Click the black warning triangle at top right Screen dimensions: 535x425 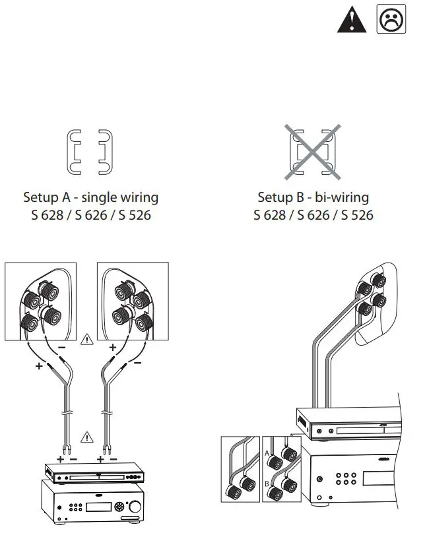(x=351, y=20)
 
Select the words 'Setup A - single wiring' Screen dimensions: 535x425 (x=90, y=197)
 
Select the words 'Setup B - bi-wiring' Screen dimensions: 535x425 (x=313, y=197)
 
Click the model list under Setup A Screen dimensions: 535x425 (x=90, y=216)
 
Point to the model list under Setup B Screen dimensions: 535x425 (x=313, y=216)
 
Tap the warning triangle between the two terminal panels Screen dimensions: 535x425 (x=87, y=340)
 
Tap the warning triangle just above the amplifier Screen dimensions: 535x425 (x=87, y=436)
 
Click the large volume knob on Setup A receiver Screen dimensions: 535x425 (x=119, y=507)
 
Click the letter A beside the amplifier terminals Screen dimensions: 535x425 (x=267, y=453)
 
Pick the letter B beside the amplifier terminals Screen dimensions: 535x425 (x=267, y=484)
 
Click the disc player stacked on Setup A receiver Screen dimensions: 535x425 (x=92, y=474)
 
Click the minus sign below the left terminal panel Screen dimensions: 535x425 (x=61, y=346)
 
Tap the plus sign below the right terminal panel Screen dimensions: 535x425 (x=112, y=346)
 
